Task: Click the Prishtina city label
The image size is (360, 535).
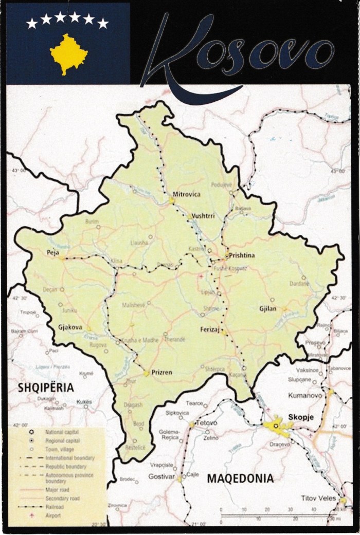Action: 243,255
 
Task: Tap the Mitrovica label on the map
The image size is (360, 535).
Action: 187,194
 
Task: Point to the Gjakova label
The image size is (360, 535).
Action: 71,326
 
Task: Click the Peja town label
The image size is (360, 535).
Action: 53,252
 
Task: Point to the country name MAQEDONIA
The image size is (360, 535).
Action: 240,478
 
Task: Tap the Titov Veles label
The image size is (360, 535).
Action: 318,499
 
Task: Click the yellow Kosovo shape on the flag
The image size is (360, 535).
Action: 68,53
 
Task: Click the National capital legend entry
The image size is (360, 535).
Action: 62,433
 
